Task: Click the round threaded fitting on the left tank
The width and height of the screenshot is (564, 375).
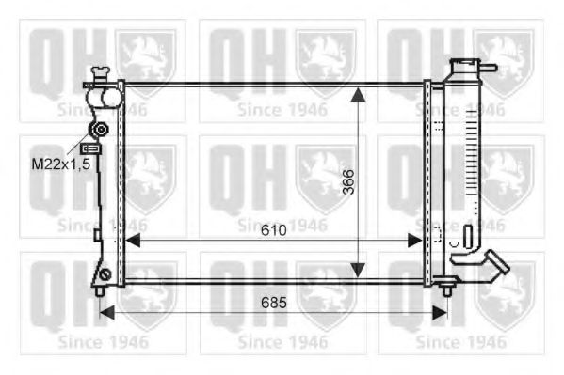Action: (97, 130)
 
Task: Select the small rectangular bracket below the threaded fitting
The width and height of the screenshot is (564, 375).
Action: (91, 148)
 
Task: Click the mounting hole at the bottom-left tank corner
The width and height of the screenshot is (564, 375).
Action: (106, 275)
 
